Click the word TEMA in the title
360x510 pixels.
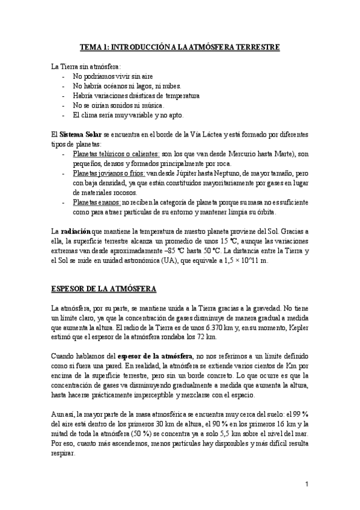(x=91, y=46)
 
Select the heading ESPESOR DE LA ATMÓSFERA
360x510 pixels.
(x=104, y=289)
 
